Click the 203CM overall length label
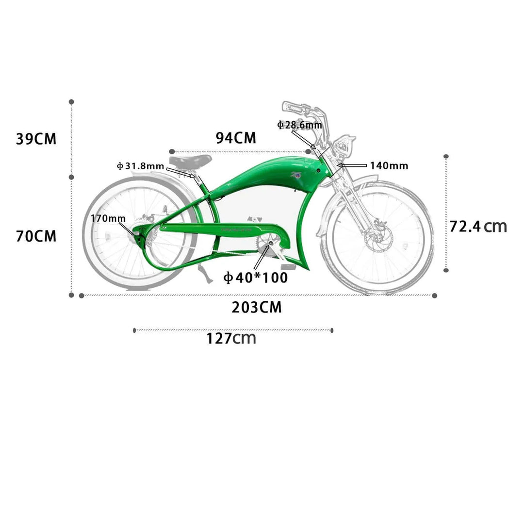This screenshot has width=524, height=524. coord(257,308)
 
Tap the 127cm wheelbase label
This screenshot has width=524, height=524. coord(231,338)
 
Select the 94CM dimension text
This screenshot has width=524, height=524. coord(236,138)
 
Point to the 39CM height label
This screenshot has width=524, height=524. coord(36,139)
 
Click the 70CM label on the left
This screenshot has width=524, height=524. coord(36,236)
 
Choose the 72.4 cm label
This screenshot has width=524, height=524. coord(478,226)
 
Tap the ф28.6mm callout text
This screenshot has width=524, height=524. coord(299,125)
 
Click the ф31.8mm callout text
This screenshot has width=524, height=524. coord(140,166)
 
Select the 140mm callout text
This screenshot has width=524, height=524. coord(389,165)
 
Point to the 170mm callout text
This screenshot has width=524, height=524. coord(108,218)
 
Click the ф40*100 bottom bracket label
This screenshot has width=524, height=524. coord(255,278)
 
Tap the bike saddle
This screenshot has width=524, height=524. coord(190,160)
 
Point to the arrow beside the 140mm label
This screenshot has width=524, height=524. coord(352,165)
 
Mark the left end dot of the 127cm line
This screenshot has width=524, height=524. coord(134,330)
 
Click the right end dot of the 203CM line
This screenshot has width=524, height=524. coord(434,295)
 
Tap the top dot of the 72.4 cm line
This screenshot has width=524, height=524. coord(446,156)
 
